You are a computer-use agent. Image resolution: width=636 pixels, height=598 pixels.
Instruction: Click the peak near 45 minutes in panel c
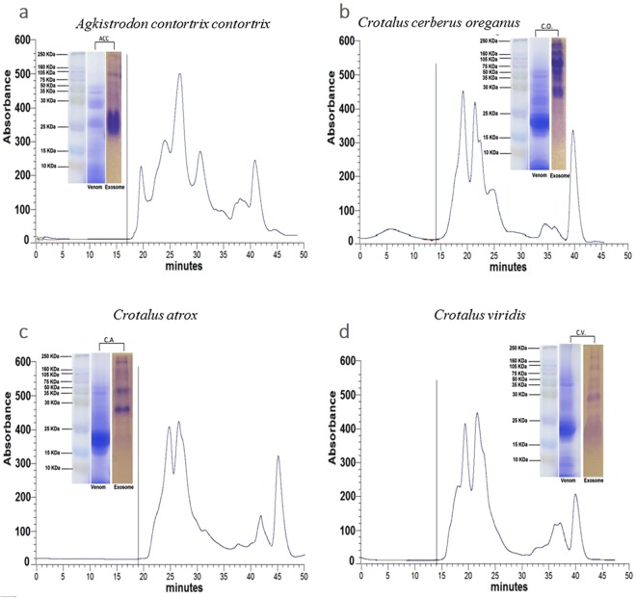(x=278, y=457)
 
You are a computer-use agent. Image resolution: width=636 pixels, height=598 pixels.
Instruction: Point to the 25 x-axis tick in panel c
(x=170, y=574)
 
